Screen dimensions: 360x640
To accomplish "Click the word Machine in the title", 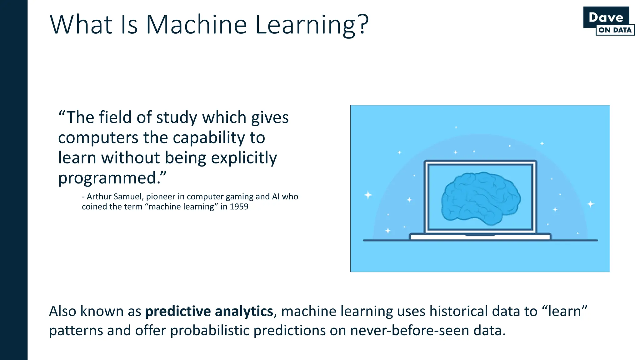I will pos(196,25).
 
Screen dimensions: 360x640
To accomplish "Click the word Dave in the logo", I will pos(606,17).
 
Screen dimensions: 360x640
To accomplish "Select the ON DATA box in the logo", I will pos(615,30).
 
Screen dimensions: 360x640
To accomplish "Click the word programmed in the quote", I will pos(107,178).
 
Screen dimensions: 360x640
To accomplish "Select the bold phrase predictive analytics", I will pos(209,311).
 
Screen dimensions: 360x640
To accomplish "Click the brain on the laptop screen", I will pos(481,198).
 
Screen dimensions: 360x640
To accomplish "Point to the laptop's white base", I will pos(480,237).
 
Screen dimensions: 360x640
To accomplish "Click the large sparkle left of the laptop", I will pos(368,195).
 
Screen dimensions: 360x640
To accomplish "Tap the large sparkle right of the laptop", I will pos(591,204).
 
